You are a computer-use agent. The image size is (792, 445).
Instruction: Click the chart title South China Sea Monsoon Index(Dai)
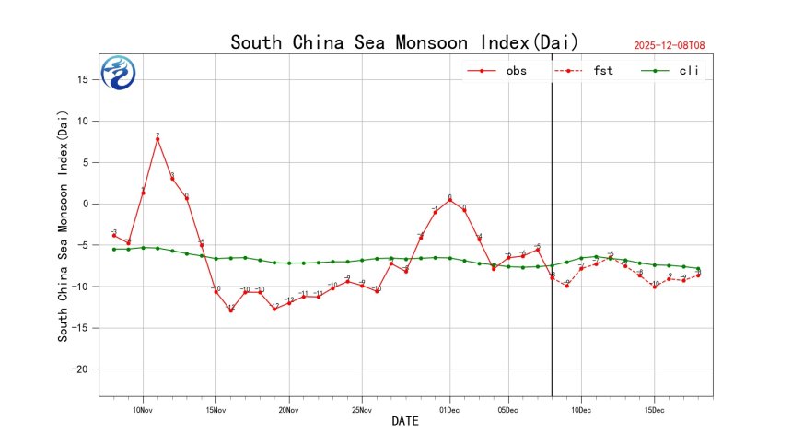tap(404, 42)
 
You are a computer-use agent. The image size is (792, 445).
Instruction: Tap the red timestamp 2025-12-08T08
tap(676, 45)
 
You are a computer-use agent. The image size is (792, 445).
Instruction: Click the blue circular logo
tap(118, 73)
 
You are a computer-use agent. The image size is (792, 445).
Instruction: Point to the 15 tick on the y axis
tap(82, 79)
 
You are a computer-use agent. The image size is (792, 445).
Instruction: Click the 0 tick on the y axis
tap(85, 204)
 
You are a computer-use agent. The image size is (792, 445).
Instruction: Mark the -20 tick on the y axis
tap(80, 369)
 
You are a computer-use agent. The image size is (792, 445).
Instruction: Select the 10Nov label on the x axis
tap(143, 409)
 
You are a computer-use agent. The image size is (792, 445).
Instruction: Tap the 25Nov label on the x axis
tap(362, 409)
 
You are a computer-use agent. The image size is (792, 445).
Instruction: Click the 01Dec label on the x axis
tap(449, 409)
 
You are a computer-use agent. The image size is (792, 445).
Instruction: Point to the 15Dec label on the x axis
tap(655, 409)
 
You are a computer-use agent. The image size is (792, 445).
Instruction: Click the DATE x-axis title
tap(405, 422)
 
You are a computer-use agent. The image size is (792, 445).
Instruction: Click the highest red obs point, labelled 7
tap(157, 139)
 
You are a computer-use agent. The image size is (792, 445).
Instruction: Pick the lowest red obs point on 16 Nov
tap(231, 310)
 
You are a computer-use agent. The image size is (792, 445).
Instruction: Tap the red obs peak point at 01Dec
tap(449, 200)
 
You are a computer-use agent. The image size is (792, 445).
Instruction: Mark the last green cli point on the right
tap(698, 268)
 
